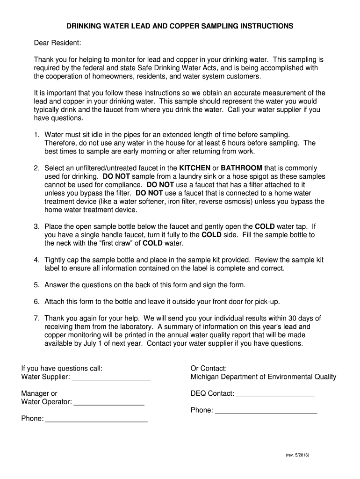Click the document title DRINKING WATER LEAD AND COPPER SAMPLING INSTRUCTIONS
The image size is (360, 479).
(180, 26)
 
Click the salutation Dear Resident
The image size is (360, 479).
(58, 43)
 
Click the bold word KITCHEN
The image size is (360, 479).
(195, 168)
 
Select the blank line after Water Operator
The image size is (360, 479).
(109, 402)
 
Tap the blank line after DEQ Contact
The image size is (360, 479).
(275, 394)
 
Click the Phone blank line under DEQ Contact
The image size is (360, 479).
(266, 411)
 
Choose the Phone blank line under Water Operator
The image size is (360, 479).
(97, 419)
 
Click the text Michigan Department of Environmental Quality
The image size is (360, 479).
(263, 377)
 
